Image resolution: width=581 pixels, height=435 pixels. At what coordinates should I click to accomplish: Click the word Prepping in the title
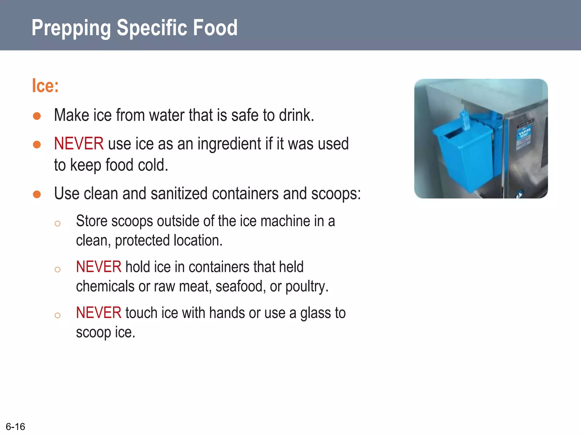pos(71,28)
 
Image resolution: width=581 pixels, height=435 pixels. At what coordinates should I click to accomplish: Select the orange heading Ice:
pos(45,86)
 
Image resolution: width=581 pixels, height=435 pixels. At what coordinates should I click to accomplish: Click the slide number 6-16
pos(15,427)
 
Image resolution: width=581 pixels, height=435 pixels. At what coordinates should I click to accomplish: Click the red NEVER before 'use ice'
pos(79,144)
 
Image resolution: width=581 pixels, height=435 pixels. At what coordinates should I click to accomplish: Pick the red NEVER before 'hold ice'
pos(98,267)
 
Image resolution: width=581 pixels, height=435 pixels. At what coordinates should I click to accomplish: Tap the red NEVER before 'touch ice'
pos(98,313)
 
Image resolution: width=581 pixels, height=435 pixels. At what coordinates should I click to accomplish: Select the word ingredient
pos(229,144)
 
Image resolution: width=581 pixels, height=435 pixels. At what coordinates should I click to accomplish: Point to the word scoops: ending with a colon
pos(336,194)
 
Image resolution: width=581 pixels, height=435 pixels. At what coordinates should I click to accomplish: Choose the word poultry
pos(306,287)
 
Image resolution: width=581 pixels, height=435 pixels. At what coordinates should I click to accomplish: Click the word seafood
pos(240,287)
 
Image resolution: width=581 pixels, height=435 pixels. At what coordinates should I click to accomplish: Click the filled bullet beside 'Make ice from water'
pos(37,116)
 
